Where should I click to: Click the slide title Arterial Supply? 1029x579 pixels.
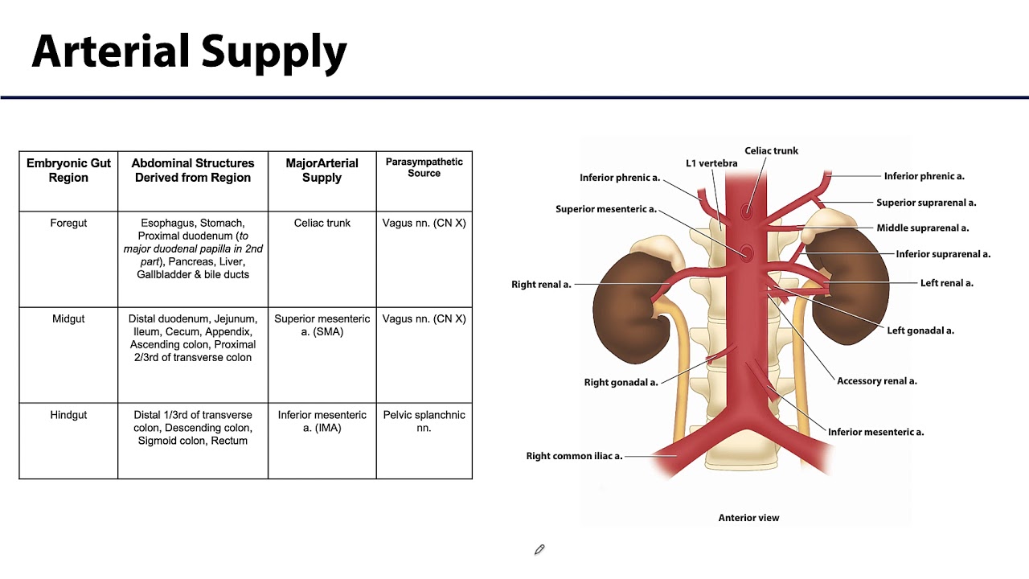(x=189, y=52)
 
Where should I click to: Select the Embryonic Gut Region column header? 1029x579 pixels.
(x=68, y=170)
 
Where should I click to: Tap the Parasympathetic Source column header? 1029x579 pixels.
(x=424, y=167)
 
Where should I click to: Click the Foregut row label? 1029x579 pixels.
(x=68, y=223)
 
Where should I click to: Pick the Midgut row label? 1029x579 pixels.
(x=68, y=318)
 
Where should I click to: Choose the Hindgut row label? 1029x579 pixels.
(x=68, y=414)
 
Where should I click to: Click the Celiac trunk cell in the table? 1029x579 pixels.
(x=322, y=223)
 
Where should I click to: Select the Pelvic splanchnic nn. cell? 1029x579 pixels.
(x=424, y=421)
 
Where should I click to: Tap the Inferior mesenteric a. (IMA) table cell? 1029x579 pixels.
(x=322, y=421)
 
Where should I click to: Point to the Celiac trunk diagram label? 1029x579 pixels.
(x=771, y=150)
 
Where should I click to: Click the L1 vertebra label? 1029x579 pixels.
(x=711, y=163)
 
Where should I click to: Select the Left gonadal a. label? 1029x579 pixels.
(x=920, y=331)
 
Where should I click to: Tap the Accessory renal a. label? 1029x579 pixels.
(x=876, y=381)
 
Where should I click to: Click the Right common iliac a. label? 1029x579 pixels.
(x=574, y=456)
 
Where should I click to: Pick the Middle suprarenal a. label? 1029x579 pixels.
(x=922, y=228)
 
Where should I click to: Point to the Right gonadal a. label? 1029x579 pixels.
(x=621, y=382)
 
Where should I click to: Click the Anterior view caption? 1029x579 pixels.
(x=748, y=518)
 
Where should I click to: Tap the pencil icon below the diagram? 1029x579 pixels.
(x=539, y=549)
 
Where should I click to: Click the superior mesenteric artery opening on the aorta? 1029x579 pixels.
(x=747, y=253)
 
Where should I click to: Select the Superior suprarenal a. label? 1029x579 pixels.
(x=926, y=203)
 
